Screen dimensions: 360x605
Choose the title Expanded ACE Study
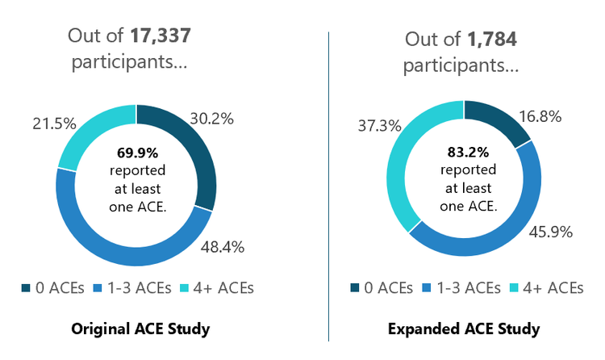pos(464,329)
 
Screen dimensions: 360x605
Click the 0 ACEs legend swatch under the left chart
pos(27,287)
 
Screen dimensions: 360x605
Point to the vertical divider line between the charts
pos(329,186)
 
